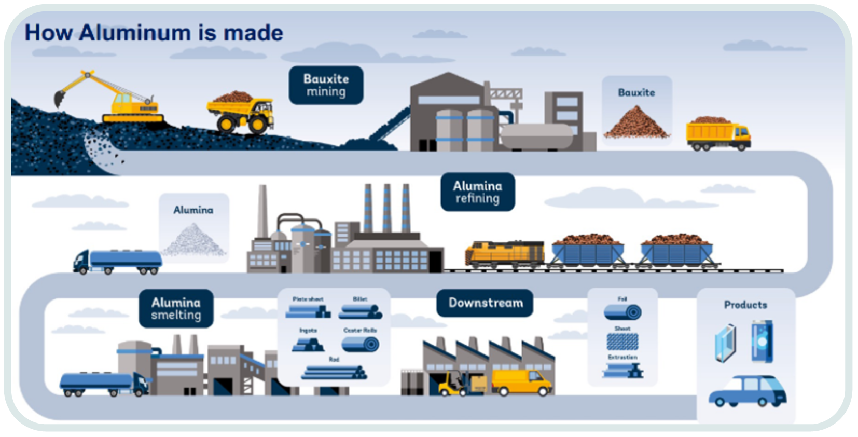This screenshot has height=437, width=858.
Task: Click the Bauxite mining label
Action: [x=326, y=85]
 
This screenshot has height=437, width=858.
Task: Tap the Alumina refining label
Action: [x=477, y=192]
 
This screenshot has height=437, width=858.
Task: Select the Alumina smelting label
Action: [x=176, y=308]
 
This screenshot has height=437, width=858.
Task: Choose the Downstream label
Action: [x=485, y=303]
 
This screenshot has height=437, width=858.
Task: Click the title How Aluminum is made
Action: [x=154, y=33]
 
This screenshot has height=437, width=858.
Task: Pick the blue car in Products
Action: [x=747, y=391]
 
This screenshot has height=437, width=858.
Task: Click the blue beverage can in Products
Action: [x=762, y=341]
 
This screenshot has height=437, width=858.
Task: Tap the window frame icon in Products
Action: [x=726, y=343]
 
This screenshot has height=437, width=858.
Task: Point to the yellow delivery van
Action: [x=521, y=383]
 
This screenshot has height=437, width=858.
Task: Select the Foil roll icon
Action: [x=622, y=312]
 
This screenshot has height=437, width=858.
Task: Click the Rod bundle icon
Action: [x=334, y=372]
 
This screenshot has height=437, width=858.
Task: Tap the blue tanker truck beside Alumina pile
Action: [x=118, y=261]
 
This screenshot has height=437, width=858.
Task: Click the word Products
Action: [x=745, y=305]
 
